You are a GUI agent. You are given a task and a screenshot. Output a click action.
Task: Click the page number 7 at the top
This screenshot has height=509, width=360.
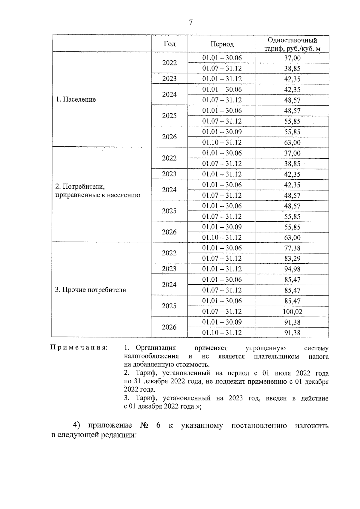(x=191, y=22)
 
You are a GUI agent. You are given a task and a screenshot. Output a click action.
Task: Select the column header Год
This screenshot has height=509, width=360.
(x=169, y=44)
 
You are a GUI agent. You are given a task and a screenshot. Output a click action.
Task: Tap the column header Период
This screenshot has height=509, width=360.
(x=222, y=44)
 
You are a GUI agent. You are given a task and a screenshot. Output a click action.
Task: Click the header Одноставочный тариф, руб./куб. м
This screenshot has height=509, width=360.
(x=292, y=44)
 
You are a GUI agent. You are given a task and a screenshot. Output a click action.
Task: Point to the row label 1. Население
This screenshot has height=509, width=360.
(x=76, y=100)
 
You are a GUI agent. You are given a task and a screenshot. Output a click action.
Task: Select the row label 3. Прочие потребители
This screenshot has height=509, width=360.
(x=91, y=290)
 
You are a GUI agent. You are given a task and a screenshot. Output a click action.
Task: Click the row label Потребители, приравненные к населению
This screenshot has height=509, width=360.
(x=97, y=191)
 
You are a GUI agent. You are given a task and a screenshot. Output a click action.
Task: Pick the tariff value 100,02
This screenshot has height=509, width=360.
(x=292, y=312)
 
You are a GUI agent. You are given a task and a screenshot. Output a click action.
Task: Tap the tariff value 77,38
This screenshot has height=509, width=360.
(x=292, y=248)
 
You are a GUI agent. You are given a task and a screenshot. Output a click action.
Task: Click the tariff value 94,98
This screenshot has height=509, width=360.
(x=292, y=269)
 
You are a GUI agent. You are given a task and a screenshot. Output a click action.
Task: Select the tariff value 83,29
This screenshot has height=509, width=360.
(x=292, y=259)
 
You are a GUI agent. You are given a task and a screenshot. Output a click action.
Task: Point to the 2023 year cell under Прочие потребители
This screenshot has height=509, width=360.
(x=169, y=269)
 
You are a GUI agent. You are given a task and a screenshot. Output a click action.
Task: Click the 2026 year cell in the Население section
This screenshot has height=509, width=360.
(x=169, y=137)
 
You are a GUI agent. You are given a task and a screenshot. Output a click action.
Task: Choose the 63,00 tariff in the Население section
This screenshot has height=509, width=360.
(x=292, y=143)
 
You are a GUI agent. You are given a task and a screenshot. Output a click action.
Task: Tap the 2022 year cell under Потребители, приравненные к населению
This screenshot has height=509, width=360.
(x=169, y=158)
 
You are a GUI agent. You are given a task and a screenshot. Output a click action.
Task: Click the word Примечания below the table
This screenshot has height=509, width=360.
(x=79, y=348)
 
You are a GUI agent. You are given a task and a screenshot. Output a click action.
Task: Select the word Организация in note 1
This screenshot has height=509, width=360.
(x=156, y=348)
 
